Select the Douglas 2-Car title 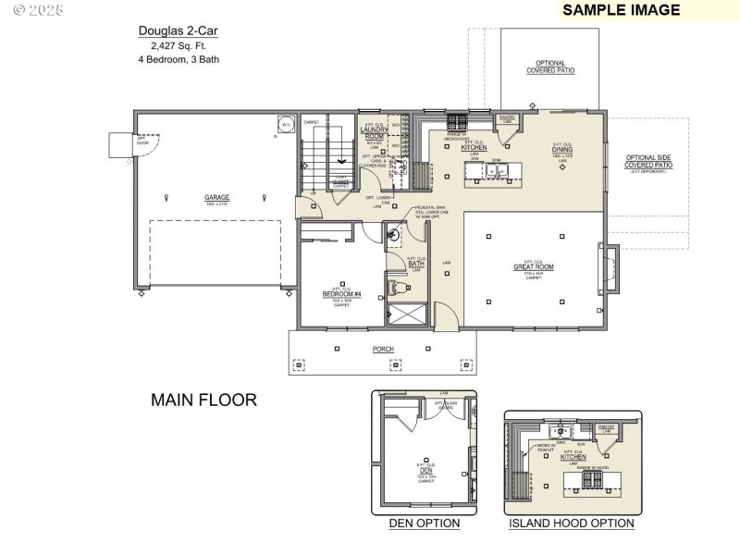[179, 31]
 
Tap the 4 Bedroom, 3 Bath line [179, 59]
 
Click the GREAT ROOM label [533, 268]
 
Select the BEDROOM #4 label [340, 293]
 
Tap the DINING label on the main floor [562, 150]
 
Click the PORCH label [383, 349]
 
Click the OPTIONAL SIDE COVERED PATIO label [648, 163]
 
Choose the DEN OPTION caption [424, 524]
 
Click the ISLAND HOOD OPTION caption [572, 524]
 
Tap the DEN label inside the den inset [425, 469]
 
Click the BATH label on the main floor [416, 264]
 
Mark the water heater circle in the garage [286, 123]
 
